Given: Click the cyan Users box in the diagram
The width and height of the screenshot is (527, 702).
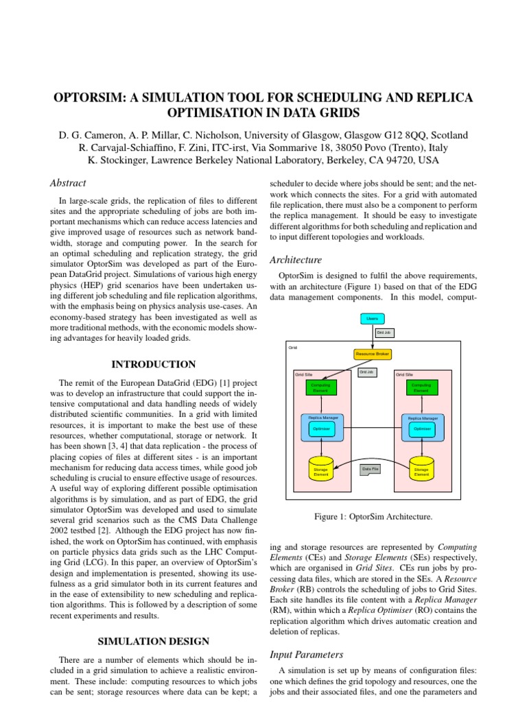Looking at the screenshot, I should click(x=373, y=319).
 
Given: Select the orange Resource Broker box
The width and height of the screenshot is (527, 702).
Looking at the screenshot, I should click(x=373, y=354).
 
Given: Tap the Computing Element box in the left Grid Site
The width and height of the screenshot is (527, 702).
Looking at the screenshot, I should click(x=320, y=387).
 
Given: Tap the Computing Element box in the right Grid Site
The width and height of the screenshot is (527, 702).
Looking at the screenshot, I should click(x=421, y=387).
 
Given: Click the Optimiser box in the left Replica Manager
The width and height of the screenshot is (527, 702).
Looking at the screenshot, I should click(x=321, y=429).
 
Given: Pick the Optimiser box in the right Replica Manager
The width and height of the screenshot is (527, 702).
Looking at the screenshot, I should click(x=421, y=429).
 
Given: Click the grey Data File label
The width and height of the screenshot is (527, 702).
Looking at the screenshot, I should click(x=370, y=470).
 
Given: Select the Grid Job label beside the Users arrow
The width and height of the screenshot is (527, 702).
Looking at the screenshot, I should click(x=384, y=333).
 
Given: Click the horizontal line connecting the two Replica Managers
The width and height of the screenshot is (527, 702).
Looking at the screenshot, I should click(x=371, y=428).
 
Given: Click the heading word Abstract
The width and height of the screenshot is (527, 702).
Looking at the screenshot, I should click(x=68, y=183).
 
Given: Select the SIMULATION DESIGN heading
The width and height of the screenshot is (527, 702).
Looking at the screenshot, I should click(x=154, y=641).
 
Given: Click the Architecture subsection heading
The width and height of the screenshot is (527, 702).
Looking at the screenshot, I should click(x=296, y=260).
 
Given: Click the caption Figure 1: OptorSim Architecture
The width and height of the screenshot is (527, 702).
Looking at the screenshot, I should click(x=373, y=517).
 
